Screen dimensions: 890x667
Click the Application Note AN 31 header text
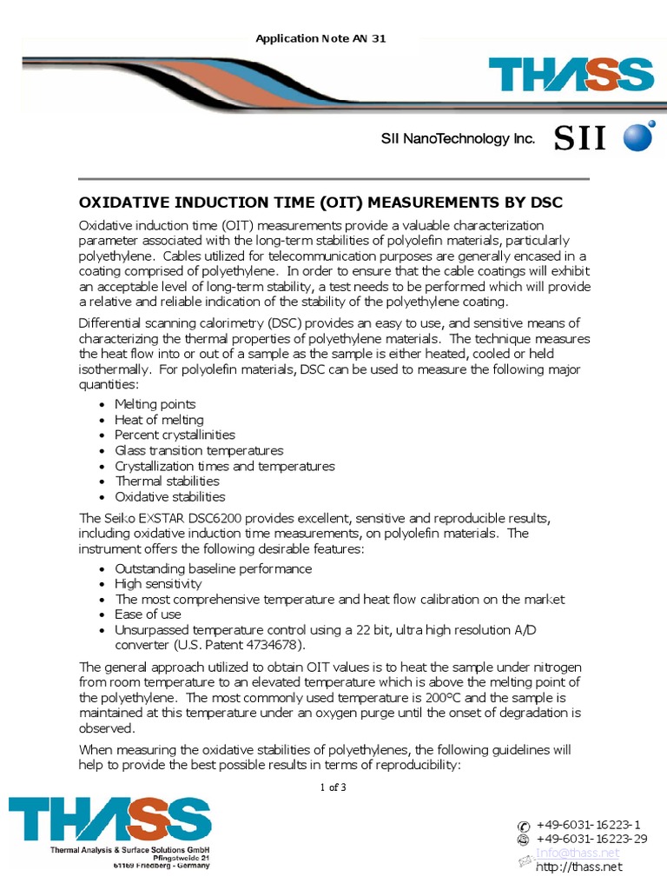point(320,39)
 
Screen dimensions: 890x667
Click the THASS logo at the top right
point(570,76)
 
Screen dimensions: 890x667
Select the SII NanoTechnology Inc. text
point(458,138)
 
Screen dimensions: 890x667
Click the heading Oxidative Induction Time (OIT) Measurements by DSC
point(321,203)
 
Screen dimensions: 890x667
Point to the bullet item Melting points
point(155,404)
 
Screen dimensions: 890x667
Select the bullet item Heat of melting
point(159,420)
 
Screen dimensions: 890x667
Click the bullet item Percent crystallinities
point(175,435)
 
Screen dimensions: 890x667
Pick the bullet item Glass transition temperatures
point(199,450)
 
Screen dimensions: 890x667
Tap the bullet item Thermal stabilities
point(168,481)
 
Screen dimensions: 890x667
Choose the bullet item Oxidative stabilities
point(170,496)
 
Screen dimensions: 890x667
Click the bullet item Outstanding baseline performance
point(213,568)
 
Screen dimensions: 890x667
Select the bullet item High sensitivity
point(158,584)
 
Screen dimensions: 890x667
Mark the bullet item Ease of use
point(149,614)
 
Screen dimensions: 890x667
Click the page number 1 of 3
point(333,787)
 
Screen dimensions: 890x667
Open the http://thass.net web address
point(579,867)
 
